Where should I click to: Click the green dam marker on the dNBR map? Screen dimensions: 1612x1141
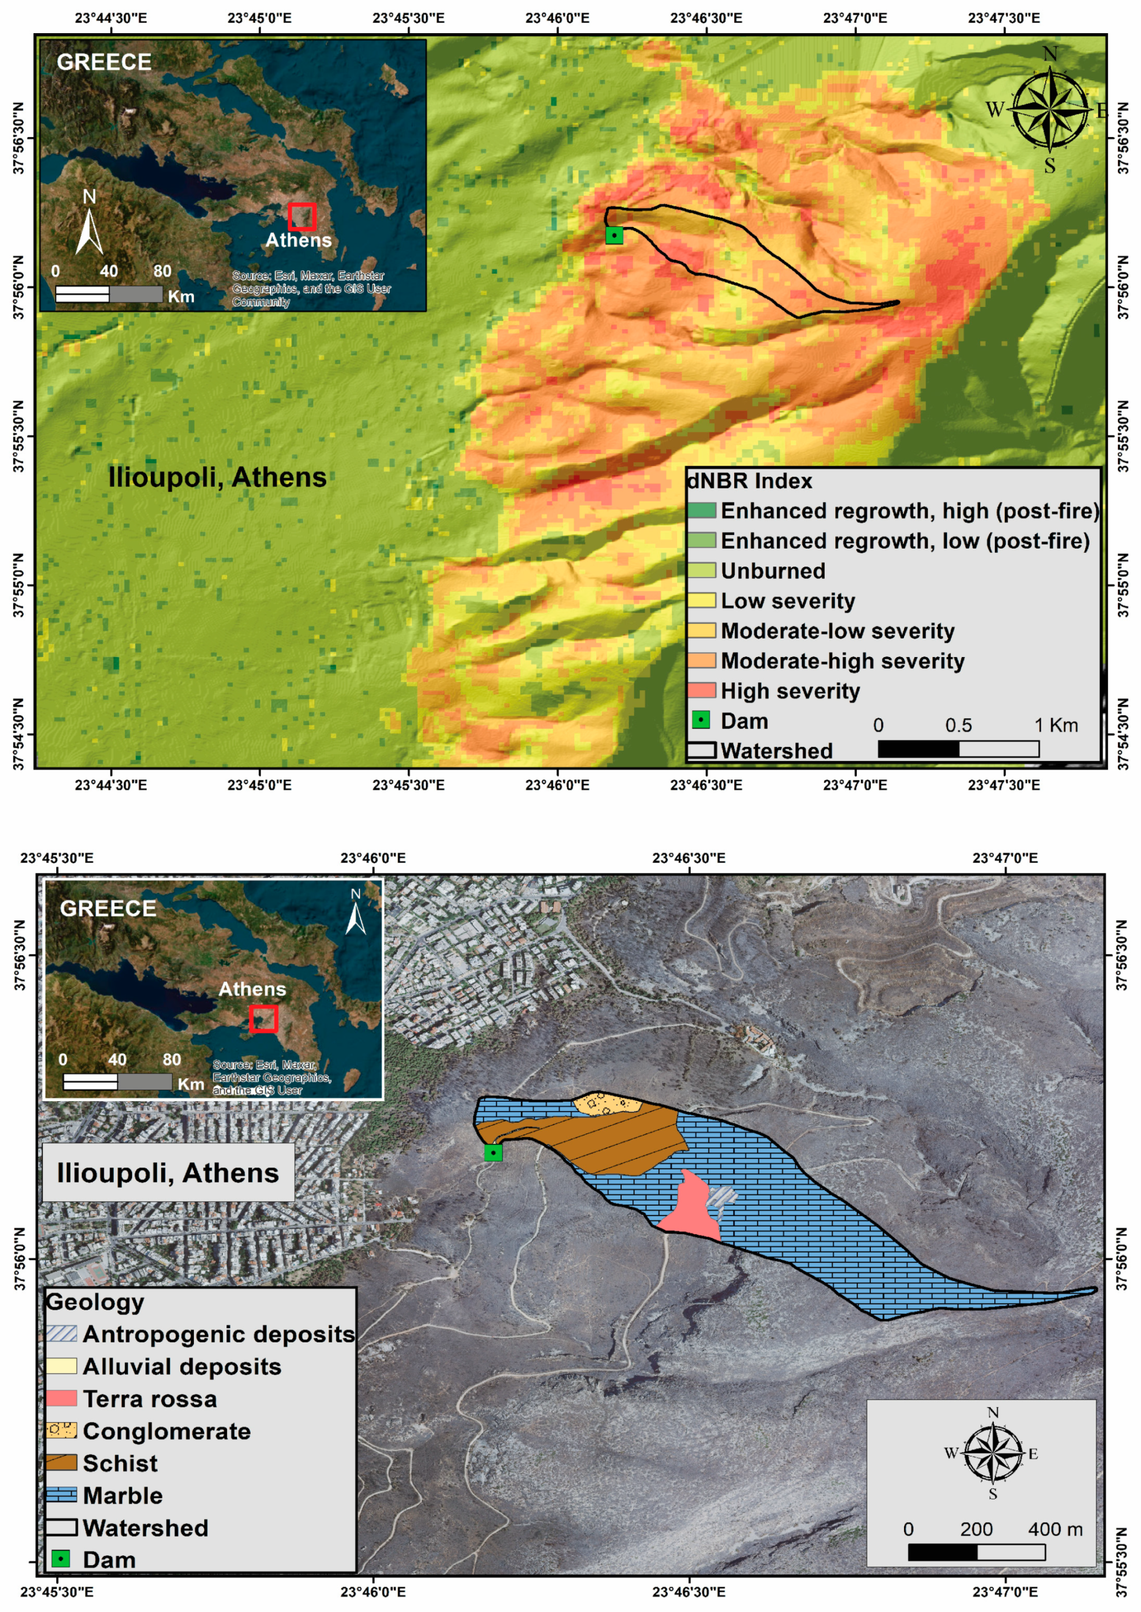click(614, 235)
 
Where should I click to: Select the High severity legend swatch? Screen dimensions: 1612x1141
click(701, 691)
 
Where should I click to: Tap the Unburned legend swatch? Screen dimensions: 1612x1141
click(701, 571)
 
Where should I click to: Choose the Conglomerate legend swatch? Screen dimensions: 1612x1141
click(61, 1431)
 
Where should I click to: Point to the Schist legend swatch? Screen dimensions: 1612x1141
click(61, 1462)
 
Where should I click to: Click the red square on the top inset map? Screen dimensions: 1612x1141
click(301, 217)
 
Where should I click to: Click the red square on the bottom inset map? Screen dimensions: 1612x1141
click(263, 1018)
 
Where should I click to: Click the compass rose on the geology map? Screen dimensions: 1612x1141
click(992, 1453)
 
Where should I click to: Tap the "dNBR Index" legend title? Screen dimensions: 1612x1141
click(749, 481)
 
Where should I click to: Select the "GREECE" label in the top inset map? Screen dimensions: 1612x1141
click(104, 63)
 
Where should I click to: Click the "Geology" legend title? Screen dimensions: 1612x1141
click(95, 1302)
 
